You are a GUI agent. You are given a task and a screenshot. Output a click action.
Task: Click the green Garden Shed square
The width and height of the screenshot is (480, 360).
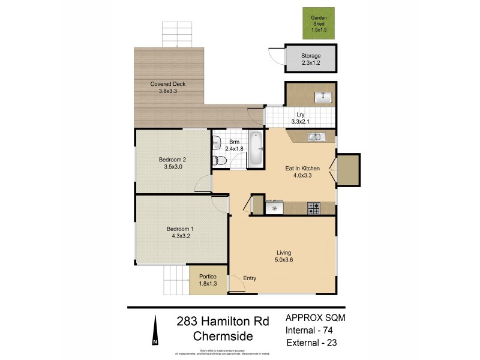tap(318, 23)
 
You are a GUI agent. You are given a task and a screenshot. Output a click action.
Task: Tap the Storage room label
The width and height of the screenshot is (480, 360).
tap(310, 56)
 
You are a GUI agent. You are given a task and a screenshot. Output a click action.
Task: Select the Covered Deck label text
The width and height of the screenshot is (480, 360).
tap(167, 84)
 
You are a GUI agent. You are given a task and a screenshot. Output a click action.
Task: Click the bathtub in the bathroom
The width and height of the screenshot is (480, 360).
tap(256, 149)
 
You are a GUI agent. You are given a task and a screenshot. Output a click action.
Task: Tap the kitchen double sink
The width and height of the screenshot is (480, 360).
tap(316, 137)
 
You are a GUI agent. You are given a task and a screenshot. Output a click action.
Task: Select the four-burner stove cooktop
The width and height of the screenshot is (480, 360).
tap(314, 209)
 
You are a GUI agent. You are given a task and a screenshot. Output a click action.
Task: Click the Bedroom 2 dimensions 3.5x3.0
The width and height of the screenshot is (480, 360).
tap(172, 167)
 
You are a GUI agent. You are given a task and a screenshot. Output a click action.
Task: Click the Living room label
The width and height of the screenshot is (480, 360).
tap(283, 252)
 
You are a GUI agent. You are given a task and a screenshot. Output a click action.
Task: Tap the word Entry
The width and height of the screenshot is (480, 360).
tap(250, 278)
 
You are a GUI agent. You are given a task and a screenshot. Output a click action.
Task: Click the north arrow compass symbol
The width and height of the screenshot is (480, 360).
tap(155, 334)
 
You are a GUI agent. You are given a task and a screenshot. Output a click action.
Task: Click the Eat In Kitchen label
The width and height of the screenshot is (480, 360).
tap(302, 169)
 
